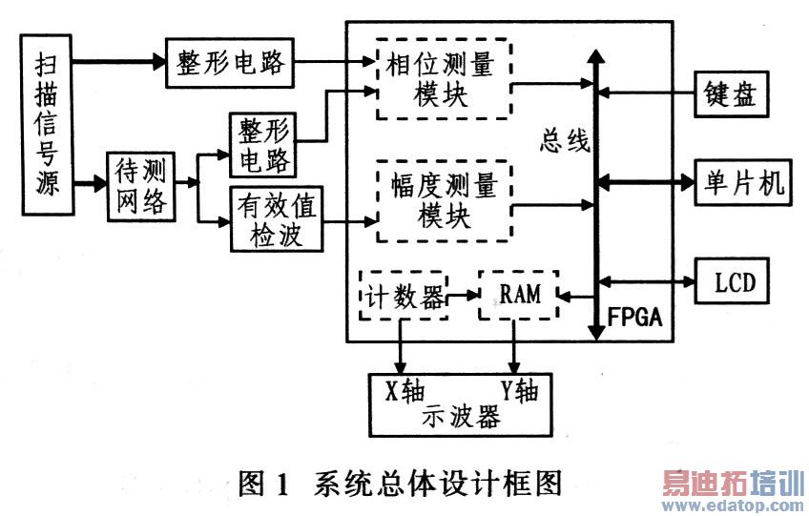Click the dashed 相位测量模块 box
tap(443, 83)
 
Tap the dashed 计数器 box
tap(402, 295)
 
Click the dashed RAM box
tap(518, 295)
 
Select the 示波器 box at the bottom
tap(462, 405)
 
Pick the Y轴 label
tap(521, 390)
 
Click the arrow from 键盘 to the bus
tap(649, 93)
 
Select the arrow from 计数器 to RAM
tap(464, 296)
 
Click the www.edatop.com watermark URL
tap(735, 505)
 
